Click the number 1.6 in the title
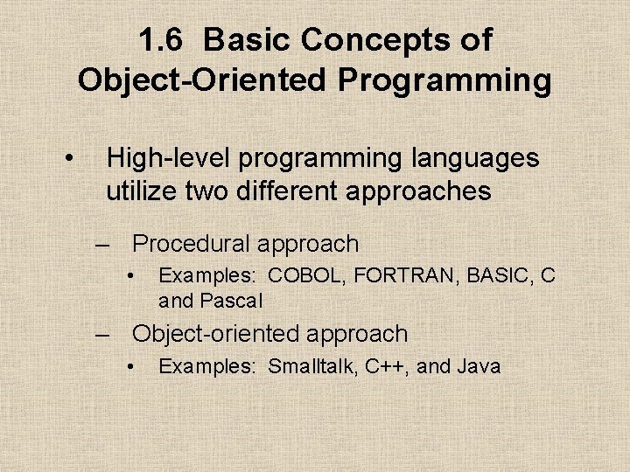159,39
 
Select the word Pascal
231,302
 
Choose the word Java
479,366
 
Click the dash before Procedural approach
106,245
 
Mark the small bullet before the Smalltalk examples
129,366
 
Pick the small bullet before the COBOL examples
129,276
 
